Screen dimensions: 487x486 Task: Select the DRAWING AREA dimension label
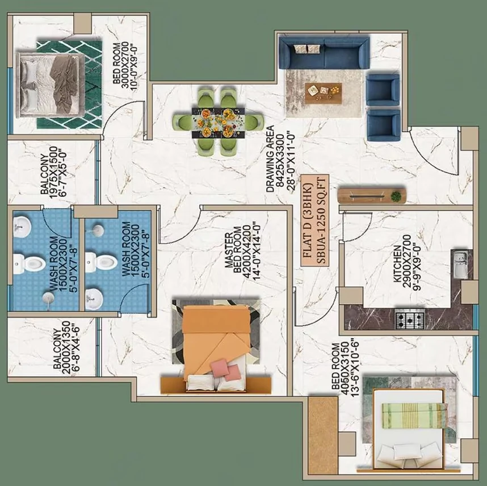click(279, 159)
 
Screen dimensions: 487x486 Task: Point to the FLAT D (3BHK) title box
click(314, 220)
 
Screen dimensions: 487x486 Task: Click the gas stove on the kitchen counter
click(410, 319)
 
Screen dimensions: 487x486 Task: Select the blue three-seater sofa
click(324, 52)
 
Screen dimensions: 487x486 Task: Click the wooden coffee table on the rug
click(324, 93)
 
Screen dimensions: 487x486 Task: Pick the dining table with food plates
click(219, 123)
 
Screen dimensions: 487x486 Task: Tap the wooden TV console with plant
click(371, 196)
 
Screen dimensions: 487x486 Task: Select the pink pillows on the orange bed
click(226, 369)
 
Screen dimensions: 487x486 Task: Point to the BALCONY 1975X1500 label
click(53, 173)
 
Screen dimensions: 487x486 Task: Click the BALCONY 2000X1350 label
click(66, 349)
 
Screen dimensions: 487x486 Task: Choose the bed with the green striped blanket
click(410, 430)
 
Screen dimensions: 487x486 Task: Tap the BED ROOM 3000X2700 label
click(125, 66)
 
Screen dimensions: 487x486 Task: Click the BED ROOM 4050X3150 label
click(345, 367)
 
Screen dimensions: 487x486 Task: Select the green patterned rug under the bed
click(69, 85)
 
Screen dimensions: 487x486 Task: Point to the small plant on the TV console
click(396, 196)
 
